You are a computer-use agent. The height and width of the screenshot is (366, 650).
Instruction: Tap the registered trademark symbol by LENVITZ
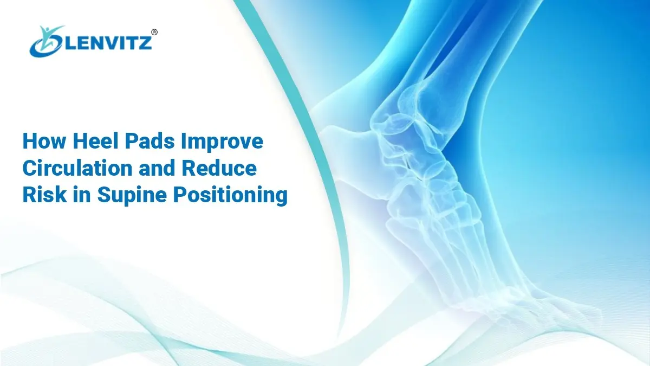click(x=154, y=32)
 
